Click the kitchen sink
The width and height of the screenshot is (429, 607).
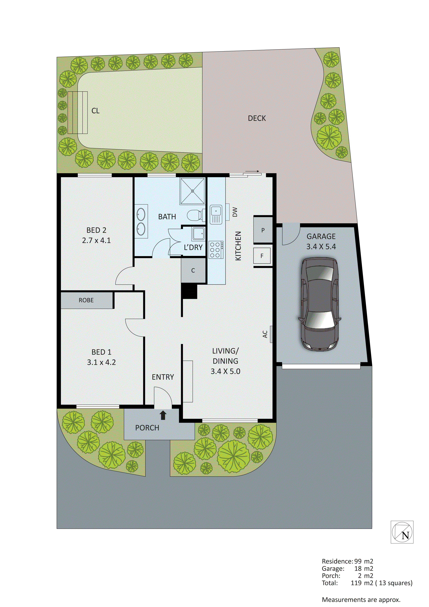tap(216, 215)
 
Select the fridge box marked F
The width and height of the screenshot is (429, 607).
tap(262, 256)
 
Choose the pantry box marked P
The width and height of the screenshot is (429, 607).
tap(263, 230)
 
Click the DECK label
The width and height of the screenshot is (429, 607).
tap(257, 118)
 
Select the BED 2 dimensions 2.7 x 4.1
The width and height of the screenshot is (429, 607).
tap(96, 241)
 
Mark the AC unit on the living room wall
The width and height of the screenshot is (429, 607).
tap(271, 334)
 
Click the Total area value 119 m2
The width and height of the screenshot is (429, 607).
tap(362, 583)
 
